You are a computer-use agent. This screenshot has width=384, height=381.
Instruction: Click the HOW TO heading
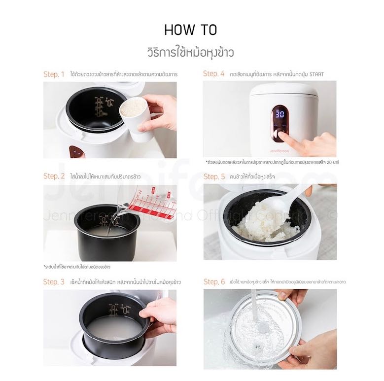pyautogui.click(x=190, y=30)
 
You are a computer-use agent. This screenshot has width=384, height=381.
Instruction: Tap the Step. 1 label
pyautogui.click(x=54, y=74)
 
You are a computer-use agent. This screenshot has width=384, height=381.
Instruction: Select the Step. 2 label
pyautogui.click(x=54, y=176)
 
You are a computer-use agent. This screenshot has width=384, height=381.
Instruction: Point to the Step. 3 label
pyautogui.click(x=54, y=282)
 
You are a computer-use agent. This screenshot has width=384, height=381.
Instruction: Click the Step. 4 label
pyautogui.click(x=213, y=74)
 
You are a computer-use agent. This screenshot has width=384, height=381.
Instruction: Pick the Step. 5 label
pyautogui.click(x=214, y=176)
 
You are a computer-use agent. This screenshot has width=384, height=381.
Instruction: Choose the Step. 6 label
pyautogui.click(x=214, y=282)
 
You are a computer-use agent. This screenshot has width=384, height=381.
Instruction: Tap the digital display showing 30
pyautogui.click(x=279, y=113)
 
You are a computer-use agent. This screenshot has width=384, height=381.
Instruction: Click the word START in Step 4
pyautogui.click(x=316, y=74)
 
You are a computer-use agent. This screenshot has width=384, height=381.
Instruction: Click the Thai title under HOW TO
pyautogui.click(x=190, y=51)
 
